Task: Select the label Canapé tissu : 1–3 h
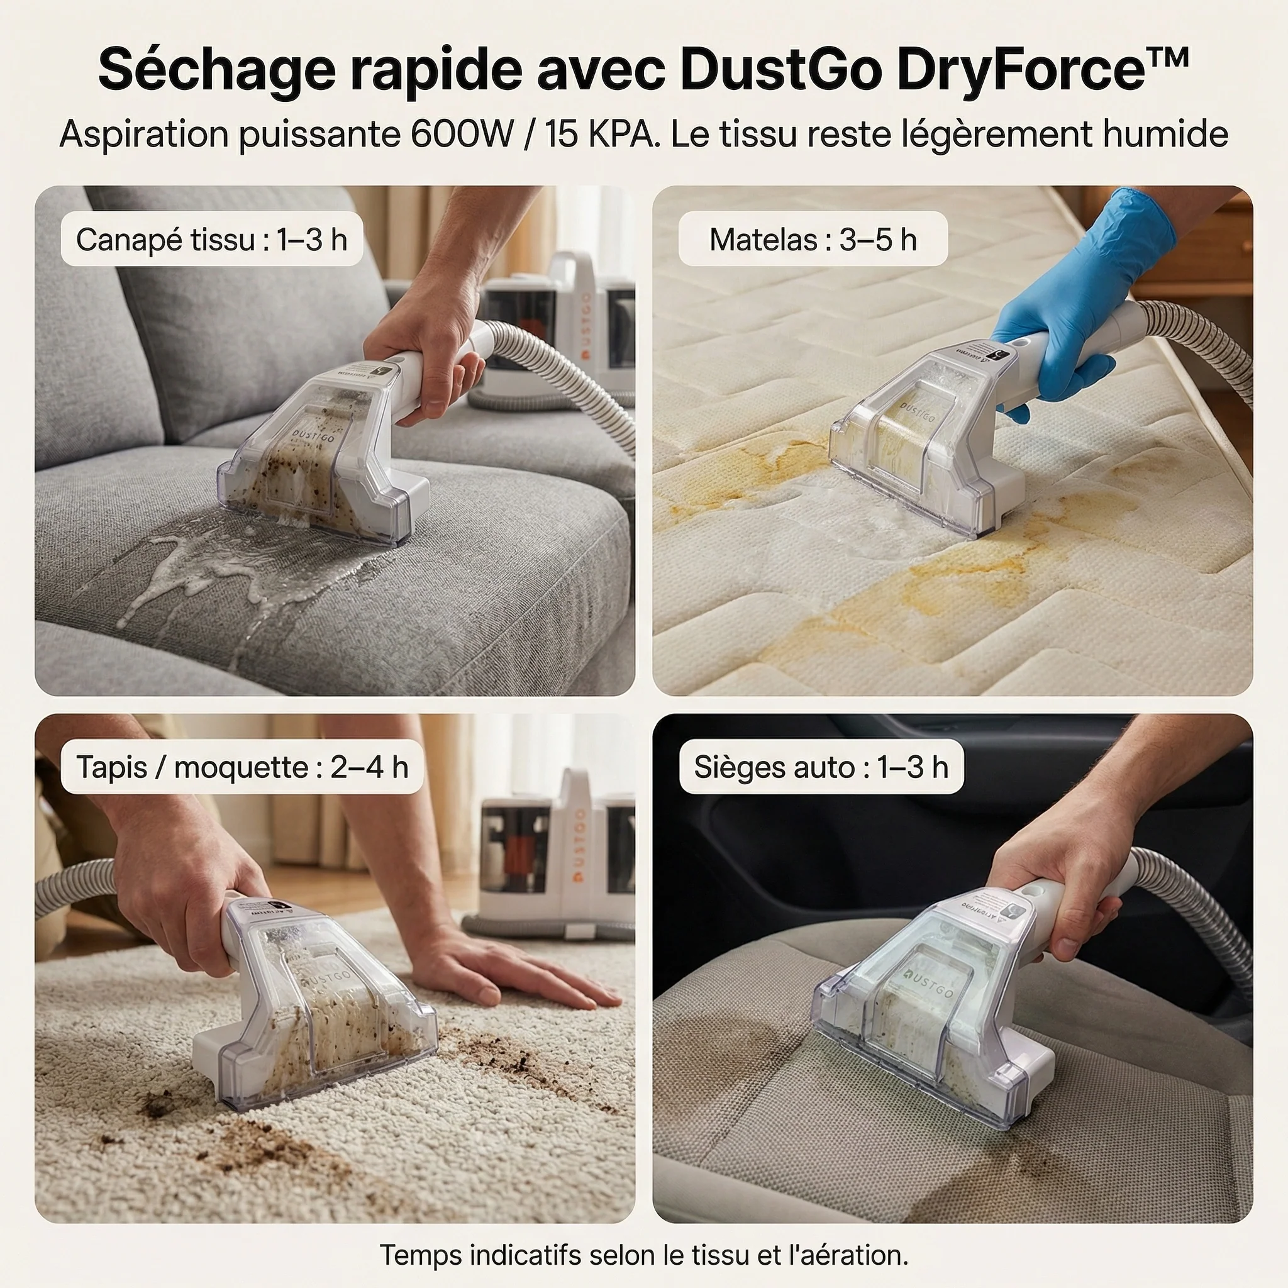click(211, 240)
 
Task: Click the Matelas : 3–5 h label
click(813, 240)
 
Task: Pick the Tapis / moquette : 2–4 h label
click(241, 767)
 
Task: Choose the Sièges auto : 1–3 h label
click(821, 767)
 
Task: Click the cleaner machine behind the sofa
click(560, 333)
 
